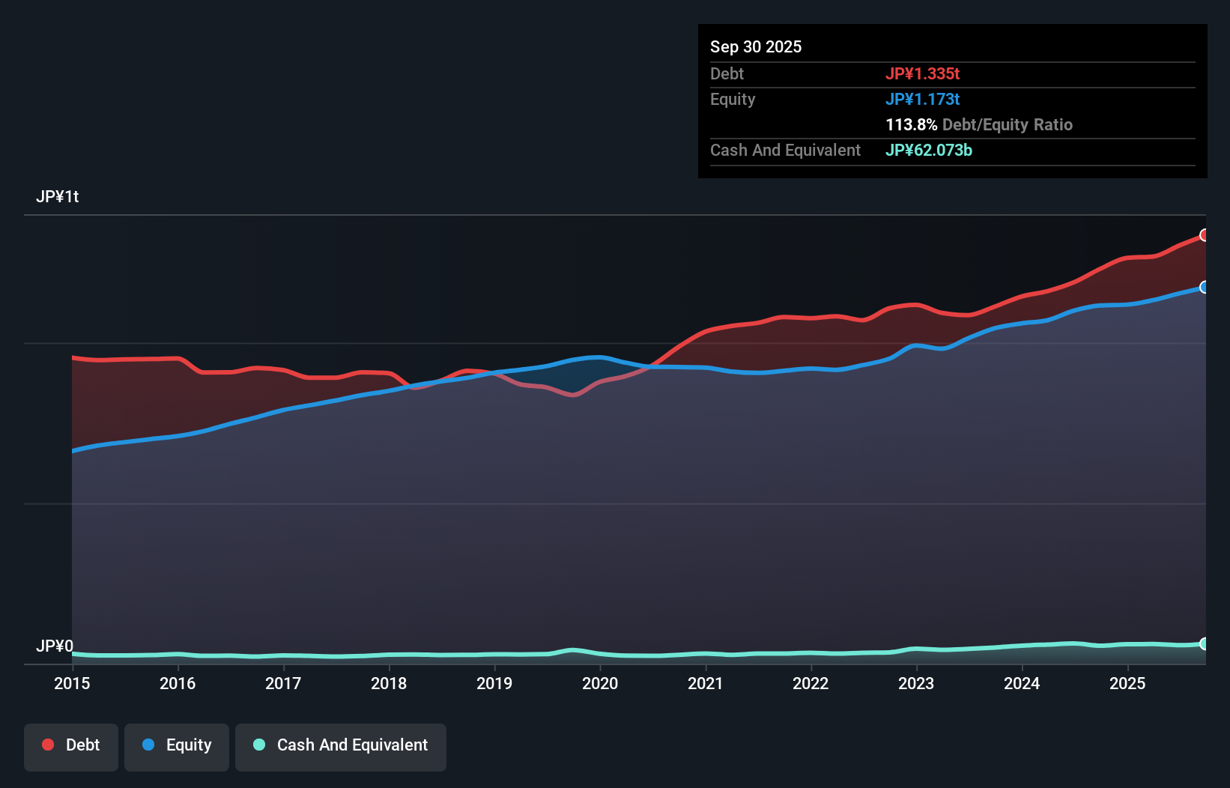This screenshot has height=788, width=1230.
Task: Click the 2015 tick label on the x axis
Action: point(72,683)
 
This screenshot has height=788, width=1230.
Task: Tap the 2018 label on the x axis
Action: point(389,683)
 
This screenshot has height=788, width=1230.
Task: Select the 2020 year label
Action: point(600,683)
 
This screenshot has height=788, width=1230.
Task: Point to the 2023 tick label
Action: point(916,683)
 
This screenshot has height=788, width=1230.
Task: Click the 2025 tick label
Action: point(1127,683)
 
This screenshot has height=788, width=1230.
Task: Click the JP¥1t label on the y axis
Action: point(57,197)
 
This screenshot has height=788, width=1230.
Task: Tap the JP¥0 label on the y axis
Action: point(55,646)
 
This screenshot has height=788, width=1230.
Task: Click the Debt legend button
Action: point(71,745)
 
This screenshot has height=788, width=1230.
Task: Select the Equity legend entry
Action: point(177,745)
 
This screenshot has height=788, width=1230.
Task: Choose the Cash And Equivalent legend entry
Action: point(341,745)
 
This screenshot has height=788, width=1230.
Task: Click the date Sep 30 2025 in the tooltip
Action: point(755,46)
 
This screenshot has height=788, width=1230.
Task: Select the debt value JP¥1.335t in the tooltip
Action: point(922,73)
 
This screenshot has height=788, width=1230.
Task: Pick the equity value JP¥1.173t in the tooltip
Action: point(922,99)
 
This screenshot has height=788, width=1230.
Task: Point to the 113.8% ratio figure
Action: point(911,124)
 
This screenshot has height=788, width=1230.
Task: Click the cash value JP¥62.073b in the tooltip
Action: point(928,150)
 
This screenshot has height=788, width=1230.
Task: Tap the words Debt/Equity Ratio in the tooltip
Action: point(1007,124)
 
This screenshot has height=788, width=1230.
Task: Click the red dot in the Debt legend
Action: point(48,745)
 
